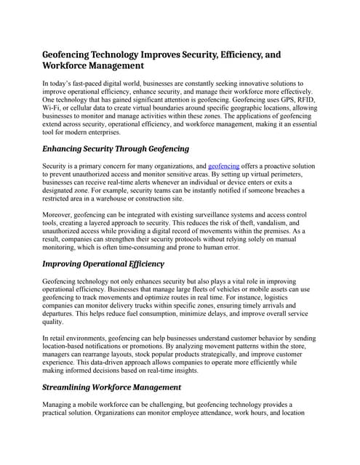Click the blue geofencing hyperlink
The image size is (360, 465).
pos(223,166)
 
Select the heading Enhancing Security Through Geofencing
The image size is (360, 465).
pos(116,148)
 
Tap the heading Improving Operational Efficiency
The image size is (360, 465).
pos(103,263)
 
